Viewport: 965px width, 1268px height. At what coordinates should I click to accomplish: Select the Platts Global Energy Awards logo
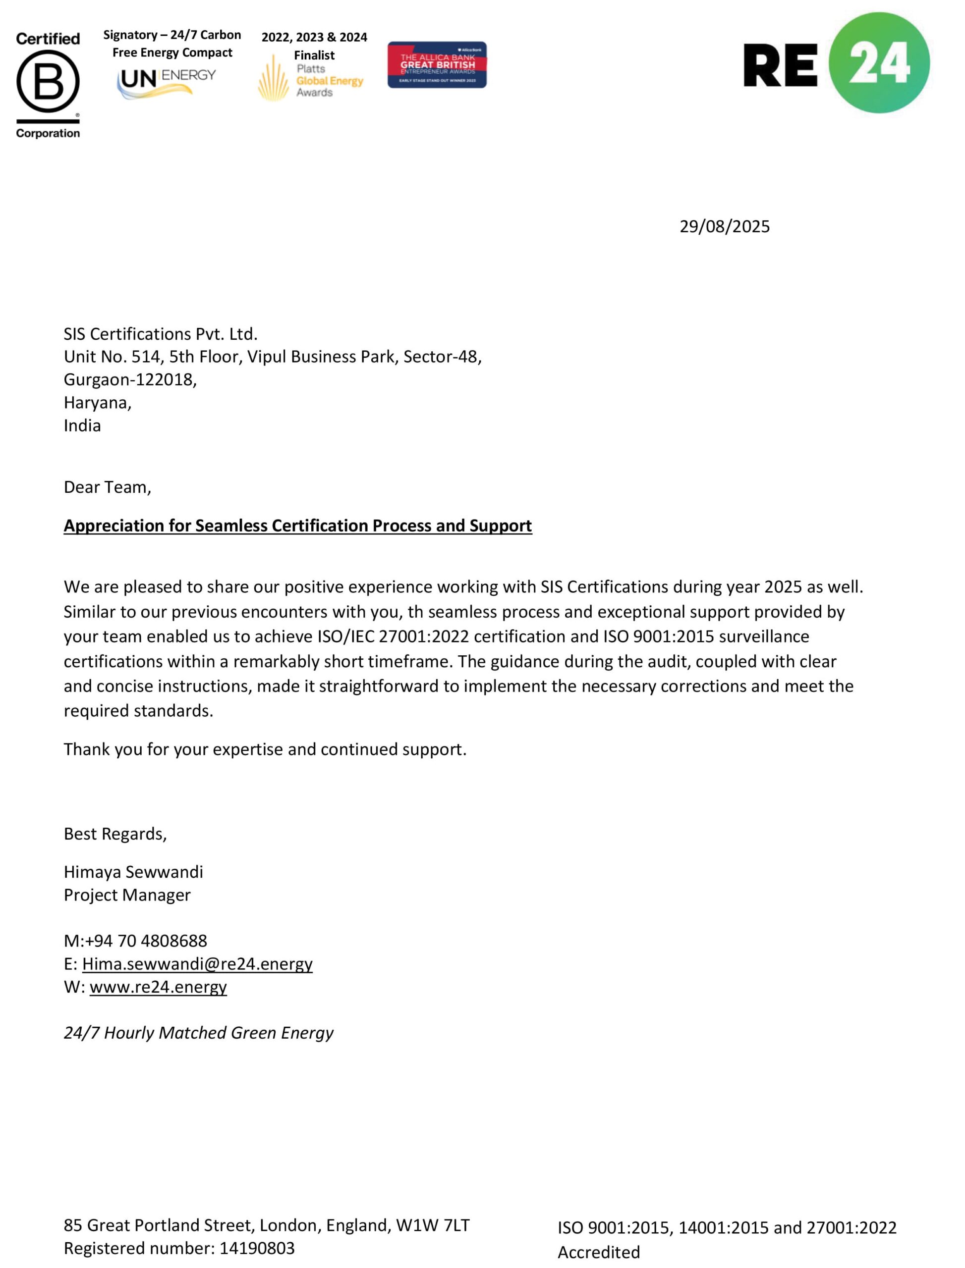click(x=311, y=80)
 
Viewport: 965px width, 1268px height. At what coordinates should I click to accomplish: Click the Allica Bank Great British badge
click(x=437, y=65)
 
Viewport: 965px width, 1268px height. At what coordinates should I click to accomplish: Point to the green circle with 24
click(x=879, y=62)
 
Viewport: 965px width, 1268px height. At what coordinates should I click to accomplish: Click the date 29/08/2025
click(x=724, y=227)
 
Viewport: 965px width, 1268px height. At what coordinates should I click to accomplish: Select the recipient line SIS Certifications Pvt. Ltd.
click(x=160, y=334)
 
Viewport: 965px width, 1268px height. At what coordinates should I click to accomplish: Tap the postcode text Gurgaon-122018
click(x=130, y=380)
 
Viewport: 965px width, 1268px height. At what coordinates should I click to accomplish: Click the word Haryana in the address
click(x=97, y=403)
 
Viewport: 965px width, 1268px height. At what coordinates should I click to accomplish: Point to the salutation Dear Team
click(x=107, y=487)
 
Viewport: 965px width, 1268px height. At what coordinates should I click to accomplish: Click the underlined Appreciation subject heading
click(x=297, y=526)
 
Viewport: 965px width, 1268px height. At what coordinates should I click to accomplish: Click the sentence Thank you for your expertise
click(x=265, y=750)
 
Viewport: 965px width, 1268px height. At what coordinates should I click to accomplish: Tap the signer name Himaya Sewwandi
click(x=133, y=873)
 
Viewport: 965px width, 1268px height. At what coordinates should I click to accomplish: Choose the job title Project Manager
click(x=127, y=896)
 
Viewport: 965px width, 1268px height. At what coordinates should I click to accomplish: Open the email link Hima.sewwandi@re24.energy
click(x=197, y=964)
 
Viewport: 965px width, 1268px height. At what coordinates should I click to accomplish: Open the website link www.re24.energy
click(x=158, y=987)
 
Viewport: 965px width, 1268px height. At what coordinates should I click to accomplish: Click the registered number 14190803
click(x=257, y=1249)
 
